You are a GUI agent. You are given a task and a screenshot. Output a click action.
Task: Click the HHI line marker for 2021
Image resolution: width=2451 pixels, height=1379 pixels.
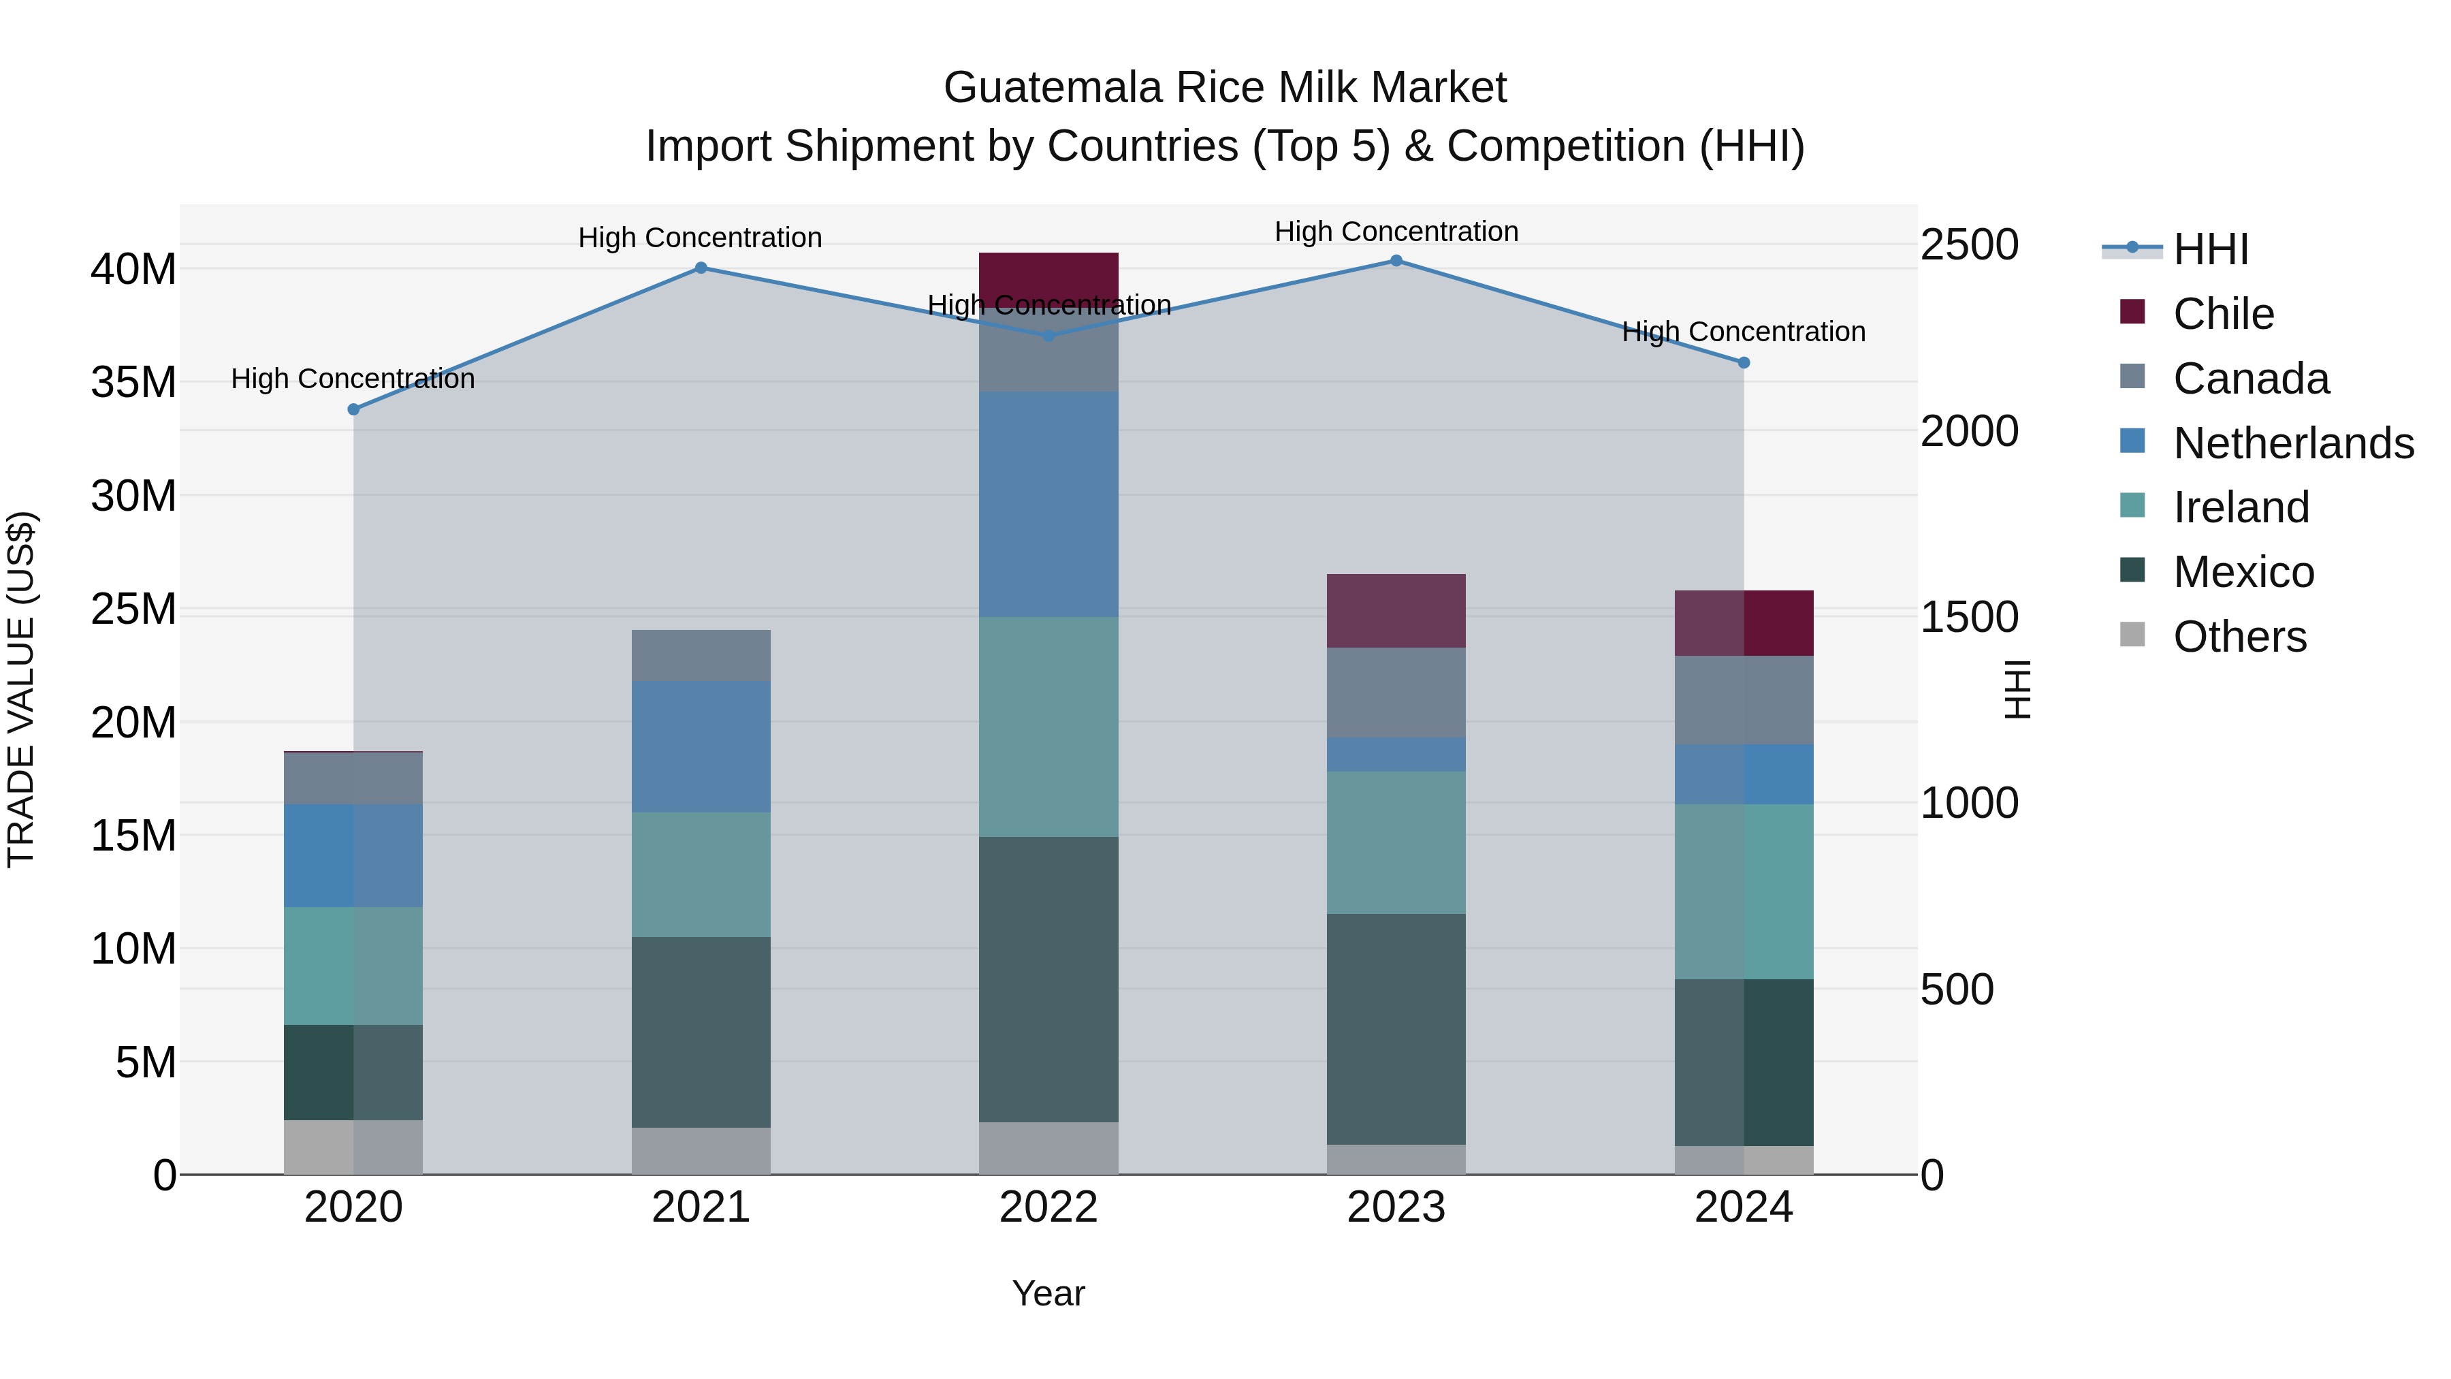(701, 268)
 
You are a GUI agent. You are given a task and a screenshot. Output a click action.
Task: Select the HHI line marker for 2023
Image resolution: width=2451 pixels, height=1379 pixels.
(1396, 260)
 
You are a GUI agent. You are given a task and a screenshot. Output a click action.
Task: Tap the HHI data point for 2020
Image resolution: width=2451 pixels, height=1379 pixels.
(353, 409)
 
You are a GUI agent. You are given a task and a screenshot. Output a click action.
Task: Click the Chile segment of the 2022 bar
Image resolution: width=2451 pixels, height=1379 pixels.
(1048, 278)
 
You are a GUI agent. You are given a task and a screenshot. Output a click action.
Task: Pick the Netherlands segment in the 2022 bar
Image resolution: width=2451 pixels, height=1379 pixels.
(1048, 505)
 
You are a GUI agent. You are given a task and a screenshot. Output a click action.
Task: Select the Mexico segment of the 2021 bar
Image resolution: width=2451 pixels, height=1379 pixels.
(701, 1032)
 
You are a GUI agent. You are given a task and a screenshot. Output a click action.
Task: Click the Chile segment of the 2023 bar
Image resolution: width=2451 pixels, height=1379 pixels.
(1396, 610)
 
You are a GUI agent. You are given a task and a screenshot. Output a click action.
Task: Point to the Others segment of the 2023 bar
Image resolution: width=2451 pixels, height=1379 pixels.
(1396, 1159)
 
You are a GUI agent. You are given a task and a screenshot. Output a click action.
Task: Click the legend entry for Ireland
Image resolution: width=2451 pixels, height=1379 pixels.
(2240, 507)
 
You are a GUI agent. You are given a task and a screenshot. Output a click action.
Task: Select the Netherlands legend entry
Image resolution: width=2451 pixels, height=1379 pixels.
(2293, 443)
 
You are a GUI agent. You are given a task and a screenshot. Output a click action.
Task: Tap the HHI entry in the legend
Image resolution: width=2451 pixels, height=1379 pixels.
(2210, 249)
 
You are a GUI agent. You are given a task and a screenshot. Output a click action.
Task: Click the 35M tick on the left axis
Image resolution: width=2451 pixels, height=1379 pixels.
(133, 383)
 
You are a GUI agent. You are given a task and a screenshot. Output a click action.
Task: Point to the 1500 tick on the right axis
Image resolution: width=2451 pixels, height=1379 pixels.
(1968, 617)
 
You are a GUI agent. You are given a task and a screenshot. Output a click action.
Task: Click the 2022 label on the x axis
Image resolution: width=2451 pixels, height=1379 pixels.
(1048, 1207)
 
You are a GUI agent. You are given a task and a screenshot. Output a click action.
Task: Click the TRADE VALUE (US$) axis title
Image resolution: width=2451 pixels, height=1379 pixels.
(21, 689)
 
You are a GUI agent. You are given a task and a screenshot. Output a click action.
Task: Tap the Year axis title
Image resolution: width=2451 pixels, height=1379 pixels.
(1048, 1293)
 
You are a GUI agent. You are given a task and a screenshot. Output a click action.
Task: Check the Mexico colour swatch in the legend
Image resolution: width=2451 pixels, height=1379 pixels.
(2132, 570)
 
